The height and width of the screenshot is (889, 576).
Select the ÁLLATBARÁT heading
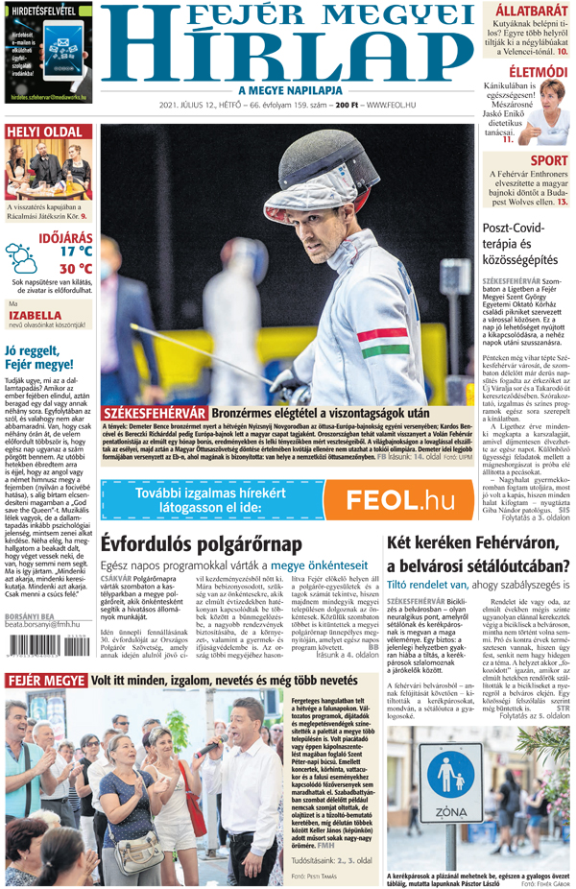click(531, 12)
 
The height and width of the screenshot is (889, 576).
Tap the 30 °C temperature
click(76, 269)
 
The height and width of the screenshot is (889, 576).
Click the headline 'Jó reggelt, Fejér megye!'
click(39, 357)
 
